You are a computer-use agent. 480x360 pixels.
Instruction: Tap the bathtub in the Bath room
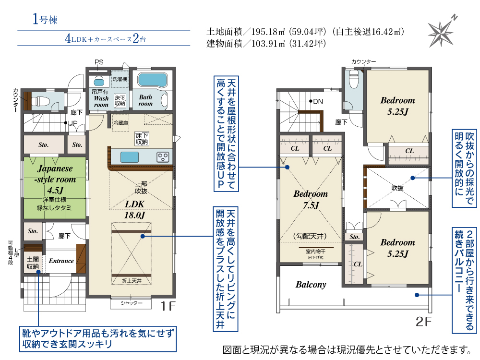tap(153, 80)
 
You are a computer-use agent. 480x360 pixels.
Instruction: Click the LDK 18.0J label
tap(134, 209)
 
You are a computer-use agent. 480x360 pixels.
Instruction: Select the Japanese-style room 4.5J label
tap(55, 179)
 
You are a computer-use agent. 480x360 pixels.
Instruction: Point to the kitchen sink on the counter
tap(130, 157)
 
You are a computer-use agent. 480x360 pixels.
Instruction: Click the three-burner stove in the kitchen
tap(163, 157)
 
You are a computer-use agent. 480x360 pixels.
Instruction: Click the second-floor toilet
tap(354, 79)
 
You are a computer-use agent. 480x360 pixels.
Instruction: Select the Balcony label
tap(311, 285)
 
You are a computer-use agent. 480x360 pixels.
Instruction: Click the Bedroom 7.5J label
tap(311, 199)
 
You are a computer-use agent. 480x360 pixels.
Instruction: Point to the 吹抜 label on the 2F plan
tap(397, 188)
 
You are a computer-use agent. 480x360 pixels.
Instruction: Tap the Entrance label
tap(61, 261)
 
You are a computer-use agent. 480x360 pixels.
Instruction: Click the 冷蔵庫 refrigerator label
tap(120, 123)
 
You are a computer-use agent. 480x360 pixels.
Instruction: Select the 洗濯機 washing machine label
tap(120, 79)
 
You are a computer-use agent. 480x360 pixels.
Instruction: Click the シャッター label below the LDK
tap(132, 303)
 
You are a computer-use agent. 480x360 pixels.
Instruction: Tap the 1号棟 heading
tap(45, 19)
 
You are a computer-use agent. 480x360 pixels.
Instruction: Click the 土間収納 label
tap(33, 263)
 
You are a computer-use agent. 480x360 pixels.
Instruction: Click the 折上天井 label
tap(132, 281)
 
